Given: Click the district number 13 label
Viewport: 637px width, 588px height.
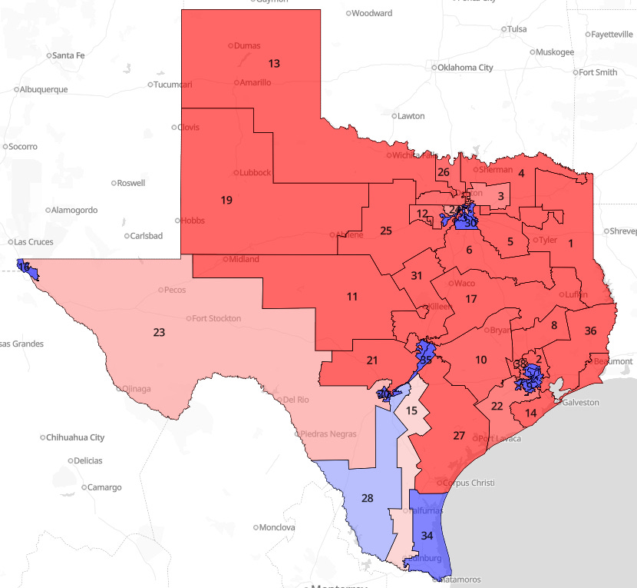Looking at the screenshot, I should click(x=274, y=63).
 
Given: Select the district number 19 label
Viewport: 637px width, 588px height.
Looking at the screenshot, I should click(x=226, y=201).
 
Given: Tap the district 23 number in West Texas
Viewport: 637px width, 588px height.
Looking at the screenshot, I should click(x=160, y=333).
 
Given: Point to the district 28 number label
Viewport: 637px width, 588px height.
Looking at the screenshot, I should click(x=368, y=499).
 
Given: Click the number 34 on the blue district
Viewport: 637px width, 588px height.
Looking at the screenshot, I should click(x=427, y=535).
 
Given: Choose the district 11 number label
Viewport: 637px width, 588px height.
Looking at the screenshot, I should click(x=352, y=297).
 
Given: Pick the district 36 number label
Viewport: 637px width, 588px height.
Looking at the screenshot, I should click(x=590, y=331).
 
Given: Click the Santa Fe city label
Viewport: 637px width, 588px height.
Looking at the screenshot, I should click(x=69, y=55).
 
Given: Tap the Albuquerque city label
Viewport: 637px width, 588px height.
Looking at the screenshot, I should click(x=43, y=89).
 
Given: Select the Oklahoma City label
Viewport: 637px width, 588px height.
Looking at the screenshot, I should click(x=465, y=68).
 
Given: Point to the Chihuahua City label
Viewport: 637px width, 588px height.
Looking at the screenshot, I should click(x=74, y=437).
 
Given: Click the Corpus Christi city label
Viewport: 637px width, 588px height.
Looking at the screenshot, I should click(x=469, y=483).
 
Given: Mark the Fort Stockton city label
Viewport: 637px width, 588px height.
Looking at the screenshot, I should click(x=216, y=318).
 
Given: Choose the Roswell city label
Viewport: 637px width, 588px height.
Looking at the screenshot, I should click(x=130, y=183).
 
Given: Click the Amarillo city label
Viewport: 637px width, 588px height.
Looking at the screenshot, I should click(x=255, y=82).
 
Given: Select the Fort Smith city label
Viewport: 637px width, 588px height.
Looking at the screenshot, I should click(x=597, y=72).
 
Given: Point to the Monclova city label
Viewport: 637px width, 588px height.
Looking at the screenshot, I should click(x=277, y=528).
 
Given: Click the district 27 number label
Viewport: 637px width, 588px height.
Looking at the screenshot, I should click(x=459, y=436).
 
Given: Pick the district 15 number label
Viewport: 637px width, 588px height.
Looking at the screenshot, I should click(x=412, y=411).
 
